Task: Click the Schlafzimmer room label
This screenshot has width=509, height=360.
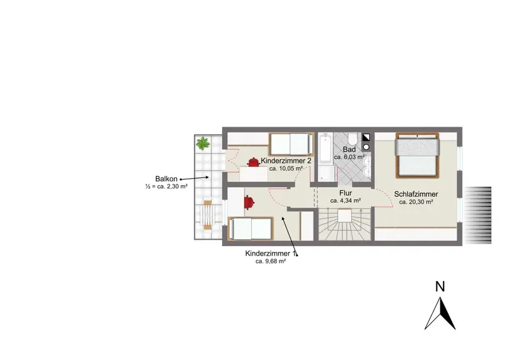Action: pos(416,194)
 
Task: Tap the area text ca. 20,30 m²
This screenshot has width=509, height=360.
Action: pos(416,202)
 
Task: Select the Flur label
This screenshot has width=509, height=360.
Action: pos(345,193)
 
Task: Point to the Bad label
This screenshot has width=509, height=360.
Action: pos(349,149)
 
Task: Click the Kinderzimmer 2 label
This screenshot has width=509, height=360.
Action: pos(286,161)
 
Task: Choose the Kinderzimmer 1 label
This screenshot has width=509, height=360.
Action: pos(271,254)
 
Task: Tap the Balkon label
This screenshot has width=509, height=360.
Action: pos(166,179)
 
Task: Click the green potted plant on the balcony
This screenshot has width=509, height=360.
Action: pos(203,143)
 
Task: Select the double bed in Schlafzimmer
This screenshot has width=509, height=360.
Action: pos(417,155)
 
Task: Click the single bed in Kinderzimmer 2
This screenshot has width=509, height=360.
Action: pos(291,144)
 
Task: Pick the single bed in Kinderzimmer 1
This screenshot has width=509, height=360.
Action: pos(251,228)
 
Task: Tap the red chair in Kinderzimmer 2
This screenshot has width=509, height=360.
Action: pos(253,162)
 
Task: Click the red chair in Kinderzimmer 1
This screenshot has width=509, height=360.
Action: pos(249,202)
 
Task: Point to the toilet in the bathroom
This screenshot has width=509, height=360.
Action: pos(352,139)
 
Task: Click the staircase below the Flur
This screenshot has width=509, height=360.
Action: pos(344,224)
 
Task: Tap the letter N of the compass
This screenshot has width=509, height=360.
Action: pos(440,287)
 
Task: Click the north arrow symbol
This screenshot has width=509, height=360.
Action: pos(440,314)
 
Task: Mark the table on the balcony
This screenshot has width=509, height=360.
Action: pos(207,215)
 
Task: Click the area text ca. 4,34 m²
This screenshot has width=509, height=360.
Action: pos(345,201)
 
